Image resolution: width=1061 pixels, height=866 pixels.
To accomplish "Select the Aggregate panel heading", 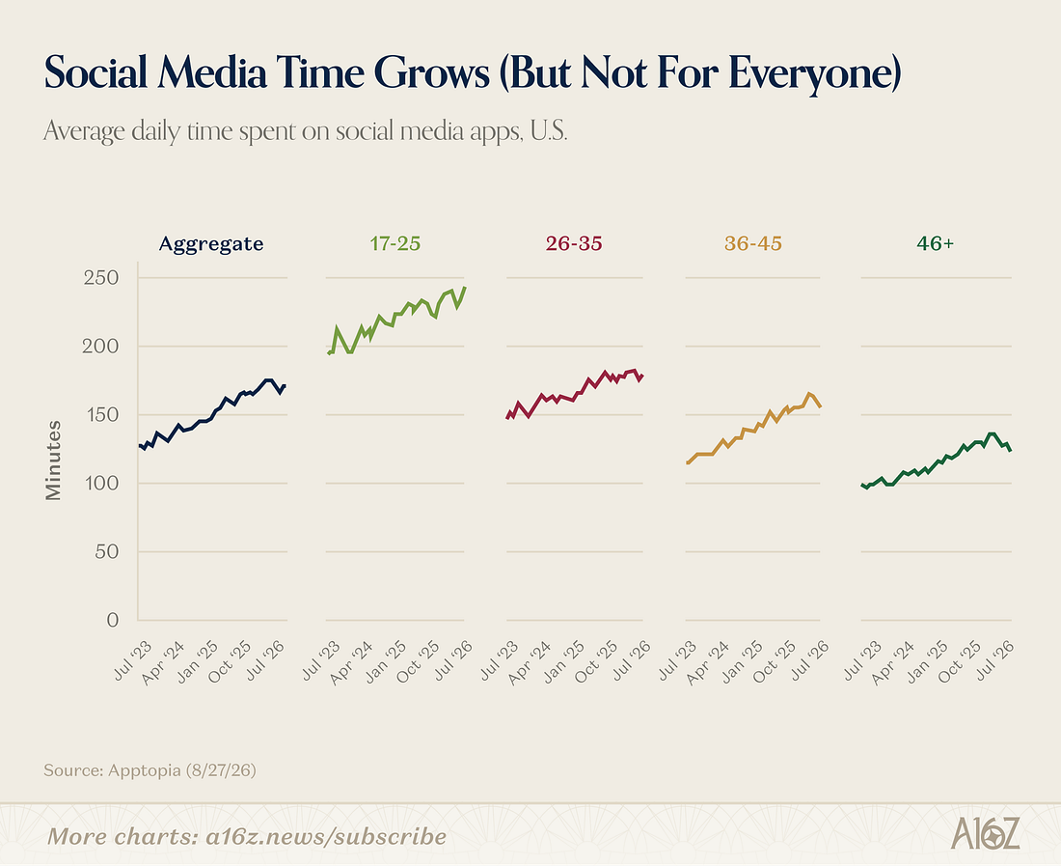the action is click(211, 243).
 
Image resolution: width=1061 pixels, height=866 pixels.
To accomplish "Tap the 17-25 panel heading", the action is click(395, 243).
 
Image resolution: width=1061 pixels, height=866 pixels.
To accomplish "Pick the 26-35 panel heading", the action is click(574, 243).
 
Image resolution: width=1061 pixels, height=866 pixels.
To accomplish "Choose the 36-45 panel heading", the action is click(753, 243).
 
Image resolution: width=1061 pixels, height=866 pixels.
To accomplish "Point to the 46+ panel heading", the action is click(936, 243).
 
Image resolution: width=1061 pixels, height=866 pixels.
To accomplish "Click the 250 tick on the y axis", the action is click(101, 278).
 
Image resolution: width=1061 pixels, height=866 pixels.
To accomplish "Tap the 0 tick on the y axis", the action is click(112, 620).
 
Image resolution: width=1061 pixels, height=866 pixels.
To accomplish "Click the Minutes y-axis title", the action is click(53, 461).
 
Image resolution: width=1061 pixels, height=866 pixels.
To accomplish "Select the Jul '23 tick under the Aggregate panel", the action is click(133, 660).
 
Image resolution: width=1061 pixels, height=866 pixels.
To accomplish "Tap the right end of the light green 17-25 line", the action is click(465, 287).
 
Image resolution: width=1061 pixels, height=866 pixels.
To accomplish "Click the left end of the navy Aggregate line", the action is click(140, 445).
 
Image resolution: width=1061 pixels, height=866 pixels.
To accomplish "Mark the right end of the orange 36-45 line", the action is click(820, 406).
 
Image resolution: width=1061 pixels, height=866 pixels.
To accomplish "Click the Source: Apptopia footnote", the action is click(150, 770).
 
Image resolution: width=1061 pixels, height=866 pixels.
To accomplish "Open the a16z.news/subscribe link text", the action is click(326, 837).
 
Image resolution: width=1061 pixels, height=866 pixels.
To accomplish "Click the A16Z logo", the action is click(985, 833).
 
